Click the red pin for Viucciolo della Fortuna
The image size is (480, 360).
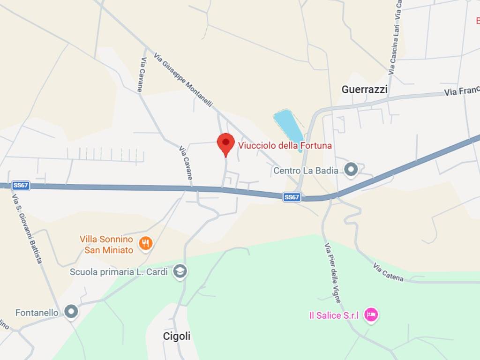[225, 143]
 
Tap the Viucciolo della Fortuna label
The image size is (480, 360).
[285, 146]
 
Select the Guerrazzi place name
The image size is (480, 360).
[364, 90]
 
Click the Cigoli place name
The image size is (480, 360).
[177, 336]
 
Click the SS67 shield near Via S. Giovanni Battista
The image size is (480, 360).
[21, 186]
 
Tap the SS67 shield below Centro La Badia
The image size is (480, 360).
[292, 197]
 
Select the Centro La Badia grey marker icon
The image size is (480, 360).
[351, 170]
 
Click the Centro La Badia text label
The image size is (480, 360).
[306, 171]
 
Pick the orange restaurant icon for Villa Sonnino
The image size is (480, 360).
[146, 243]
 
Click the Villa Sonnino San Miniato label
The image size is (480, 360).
[109, 245]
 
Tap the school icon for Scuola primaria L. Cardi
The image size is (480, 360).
[180, 272]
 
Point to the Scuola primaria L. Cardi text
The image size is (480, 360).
[119, 272]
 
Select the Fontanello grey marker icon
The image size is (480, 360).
[71, 312]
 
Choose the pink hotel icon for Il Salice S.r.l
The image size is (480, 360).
[371, 315]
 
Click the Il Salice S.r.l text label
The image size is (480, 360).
[334, 315]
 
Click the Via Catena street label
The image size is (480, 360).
[388, 272]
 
